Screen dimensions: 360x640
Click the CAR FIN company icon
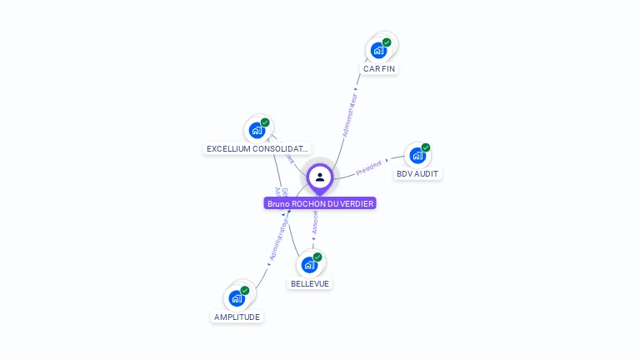(379, 50)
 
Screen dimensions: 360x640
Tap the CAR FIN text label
(379, 68)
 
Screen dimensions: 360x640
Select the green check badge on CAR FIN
(387, 42)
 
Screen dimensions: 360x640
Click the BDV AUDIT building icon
(417, 155)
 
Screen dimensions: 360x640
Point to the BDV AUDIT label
(417, 174)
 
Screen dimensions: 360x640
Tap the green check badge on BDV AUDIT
(426, 147)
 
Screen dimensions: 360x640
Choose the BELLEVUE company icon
(310, 265)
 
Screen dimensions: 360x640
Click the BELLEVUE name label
(310, 283)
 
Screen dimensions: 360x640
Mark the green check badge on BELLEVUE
(317, 257)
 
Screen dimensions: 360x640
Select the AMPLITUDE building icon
(237, 298)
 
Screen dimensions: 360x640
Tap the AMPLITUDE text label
(237, 317)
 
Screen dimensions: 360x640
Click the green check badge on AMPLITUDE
(245, 291)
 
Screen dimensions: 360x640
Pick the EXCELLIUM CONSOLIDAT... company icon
(257, 130)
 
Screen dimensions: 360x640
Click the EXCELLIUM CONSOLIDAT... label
(257, 149)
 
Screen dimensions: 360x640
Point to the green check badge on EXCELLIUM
(265, 122)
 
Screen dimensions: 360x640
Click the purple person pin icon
(320, 177)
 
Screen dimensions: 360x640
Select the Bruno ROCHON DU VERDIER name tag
(320, 203)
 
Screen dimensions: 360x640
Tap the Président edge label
(369, 167)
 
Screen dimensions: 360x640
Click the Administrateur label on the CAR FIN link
(351, 115)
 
